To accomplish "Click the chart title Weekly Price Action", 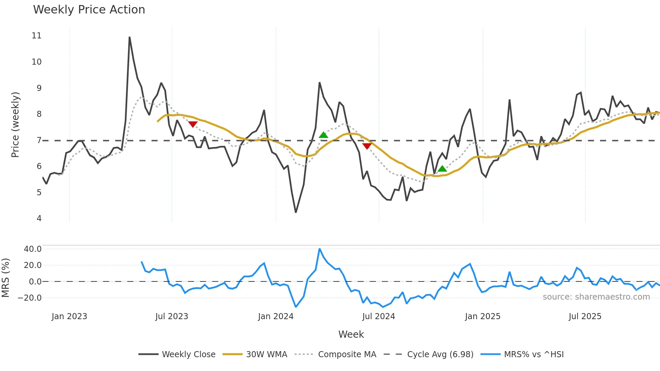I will tap(89, 10).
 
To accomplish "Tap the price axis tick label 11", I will tap(37, 36).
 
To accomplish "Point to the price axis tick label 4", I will tap(39, 218).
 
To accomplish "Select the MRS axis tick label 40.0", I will tap(33, 249).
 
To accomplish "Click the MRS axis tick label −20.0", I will tap(30, 298).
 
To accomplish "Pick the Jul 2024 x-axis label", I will tap(378, 316).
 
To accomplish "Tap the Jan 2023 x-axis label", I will tap(69, 316).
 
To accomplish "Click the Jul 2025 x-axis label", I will tap(585, 316).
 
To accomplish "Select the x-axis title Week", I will tap(351, 334).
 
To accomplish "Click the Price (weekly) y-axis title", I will tap(15, 125).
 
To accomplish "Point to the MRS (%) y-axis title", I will tap(6, 278).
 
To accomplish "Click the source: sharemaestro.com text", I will tap(596, 297).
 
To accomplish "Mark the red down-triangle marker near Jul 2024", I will tap(367, 146).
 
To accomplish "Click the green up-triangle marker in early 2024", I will tap(323, 135).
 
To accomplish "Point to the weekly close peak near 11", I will tap(130, 37).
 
